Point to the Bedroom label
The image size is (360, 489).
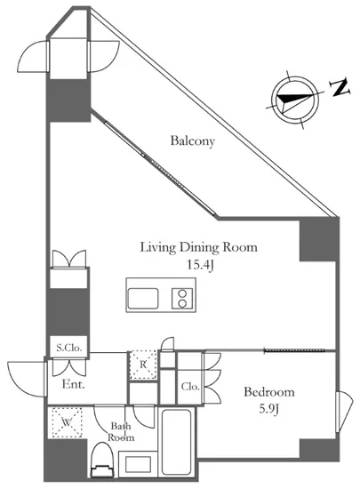[269, 392]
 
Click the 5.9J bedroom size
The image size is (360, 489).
[268, 409]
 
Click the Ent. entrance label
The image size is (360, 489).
[73, 385]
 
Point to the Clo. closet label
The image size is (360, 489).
[189, 387]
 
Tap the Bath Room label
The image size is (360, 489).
[121, 432]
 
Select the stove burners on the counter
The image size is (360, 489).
[184, 296]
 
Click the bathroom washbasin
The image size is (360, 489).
[137, 463]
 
